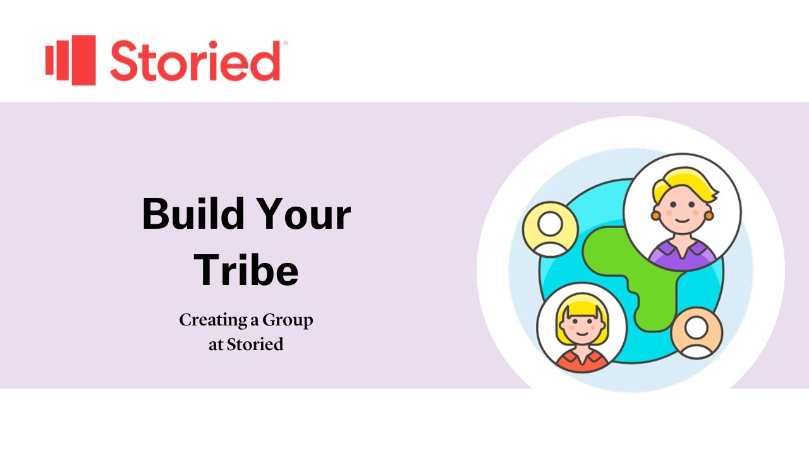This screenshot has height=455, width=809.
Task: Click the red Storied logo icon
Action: tap(70, 60)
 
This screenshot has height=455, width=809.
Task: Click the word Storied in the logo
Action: tap(195, 61)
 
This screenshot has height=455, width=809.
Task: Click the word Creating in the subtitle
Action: tap(211, 320)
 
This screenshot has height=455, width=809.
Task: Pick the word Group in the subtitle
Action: tap(288, 320)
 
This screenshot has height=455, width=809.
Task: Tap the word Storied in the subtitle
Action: tap(255, 345)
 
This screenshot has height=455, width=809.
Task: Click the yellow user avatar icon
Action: tap(550, 229)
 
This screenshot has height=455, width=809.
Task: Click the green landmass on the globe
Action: tap(638, 278)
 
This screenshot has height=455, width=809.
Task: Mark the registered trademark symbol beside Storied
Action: tap(286, 43)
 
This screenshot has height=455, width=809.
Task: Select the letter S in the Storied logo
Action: tap(127, 61)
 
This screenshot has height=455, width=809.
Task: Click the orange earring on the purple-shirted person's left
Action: tap(655, 215)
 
